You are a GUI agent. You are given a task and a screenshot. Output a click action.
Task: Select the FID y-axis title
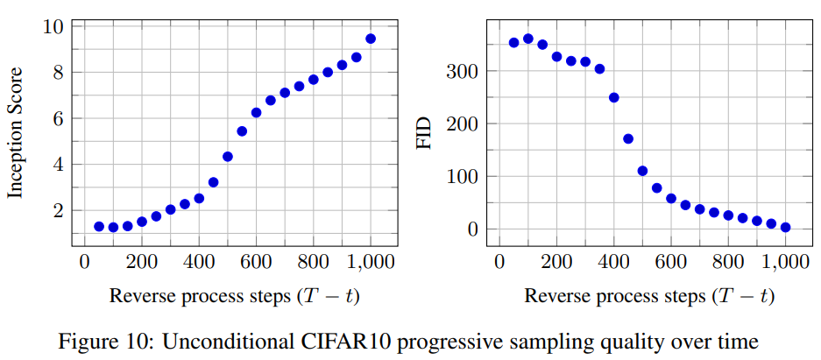point(426,132)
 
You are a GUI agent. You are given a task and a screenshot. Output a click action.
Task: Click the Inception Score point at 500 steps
point(228,157)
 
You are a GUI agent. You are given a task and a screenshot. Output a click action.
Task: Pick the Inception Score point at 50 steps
point(99,226)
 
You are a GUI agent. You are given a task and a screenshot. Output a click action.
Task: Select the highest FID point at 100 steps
point(528,39)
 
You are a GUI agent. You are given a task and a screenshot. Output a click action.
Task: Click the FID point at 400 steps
point(614,97)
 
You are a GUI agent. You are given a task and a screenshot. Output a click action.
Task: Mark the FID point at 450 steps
point(628,138)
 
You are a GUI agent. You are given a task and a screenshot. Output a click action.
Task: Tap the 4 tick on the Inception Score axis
point(58,165)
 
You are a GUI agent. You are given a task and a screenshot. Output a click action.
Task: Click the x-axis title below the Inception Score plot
point(234,295)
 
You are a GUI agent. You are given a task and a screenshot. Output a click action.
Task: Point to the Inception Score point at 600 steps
point(257,112)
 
